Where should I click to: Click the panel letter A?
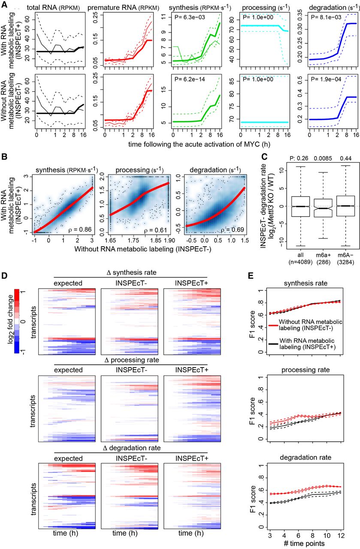coord(4,5)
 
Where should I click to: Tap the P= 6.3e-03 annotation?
coord(190,17)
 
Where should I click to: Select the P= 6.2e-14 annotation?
coord(190,79)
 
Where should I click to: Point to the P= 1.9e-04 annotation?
coord(326,79)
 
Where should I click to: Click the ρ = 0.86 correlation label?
coord(80,229)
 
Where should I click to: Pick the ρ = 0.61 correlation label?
coord(155,230)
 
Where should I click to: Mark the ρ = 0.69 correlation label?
coord(233,229)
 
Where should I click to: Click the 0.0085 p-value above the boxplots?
coord(323,159)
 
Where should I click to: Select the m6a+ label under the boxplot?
coord(323,255)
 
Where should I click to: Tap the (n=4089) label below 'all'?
coord(300,262)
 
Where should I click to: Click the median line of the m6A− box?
coord(345,206)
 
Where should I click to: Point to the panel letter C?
coord(264,157)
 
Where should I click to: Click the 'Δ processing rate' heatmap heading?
coord(132,360)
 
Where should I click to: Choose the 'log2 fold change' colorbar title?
coord(10,320)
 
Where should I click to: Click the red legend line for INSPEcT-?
coord(273,325)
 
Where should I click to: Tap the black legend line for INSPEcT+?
coord(273,344)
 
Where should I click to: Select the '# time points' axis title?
coord(304,543)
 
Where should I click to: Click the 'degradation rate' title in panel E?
coord(306,458)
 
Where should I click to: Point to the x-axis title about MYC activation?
coord(199,144)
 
